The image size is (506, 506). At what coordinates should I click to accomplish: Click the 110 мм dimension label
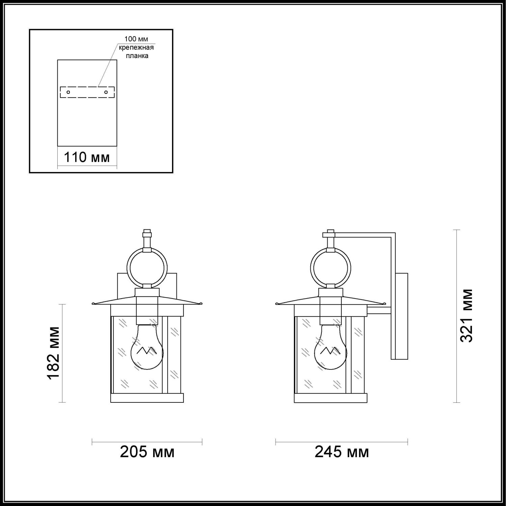(x=87, y=157)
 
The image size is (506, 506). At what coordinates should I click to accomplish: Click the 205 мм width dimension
(x=147, y=452)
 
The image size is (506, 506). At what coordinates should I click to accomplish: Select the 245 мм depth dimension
(x=342, y=452)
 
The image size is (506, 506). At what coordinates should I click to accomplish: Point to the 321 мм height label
(x=467, y=316)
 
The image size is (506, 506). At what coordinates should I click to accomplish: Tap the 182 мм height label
(x=54, y=353)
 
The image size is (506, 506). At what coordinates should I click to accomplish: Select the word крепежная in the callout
(x=136, y=48)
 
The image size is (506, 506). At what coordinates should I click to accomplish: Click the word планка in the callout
(x=137, y=56)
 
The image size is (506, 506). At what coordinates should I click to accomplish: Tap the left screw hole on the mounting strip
(x=68, y=92)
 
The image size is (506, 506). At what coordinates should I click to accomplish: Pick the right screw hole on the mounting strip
(x=106, y=92)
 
